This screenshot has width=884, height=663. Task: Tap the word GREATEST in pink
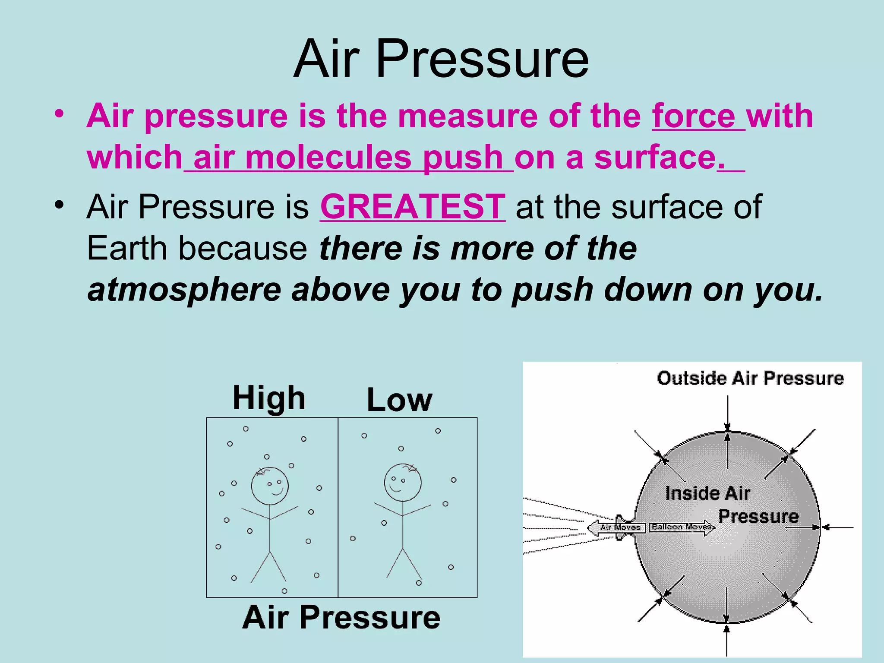click(412, 207)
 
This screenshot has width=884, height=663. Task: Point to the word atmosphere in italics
click(184, 290)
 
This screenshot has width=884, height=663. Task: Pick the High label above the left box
click(269, 398)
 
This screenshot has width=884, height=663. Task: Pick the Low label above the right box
click(399, 400)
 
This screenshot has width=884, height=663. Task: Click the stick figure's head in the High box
click(270, 486)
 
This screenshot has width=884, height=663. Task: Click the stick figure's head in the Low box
click(403, 483)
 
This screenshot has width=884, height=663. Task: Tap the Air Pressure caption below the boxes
click(341, 617)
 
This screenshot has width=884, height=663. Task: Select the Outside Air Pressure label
click(750, 378)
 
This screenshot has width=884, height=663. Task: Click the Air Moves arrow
click(618, 527)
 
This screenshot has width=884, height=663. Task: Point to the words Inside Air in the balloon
click(707, 493)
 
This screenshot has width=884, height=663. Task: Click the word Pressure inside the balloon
click(758, 516)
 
